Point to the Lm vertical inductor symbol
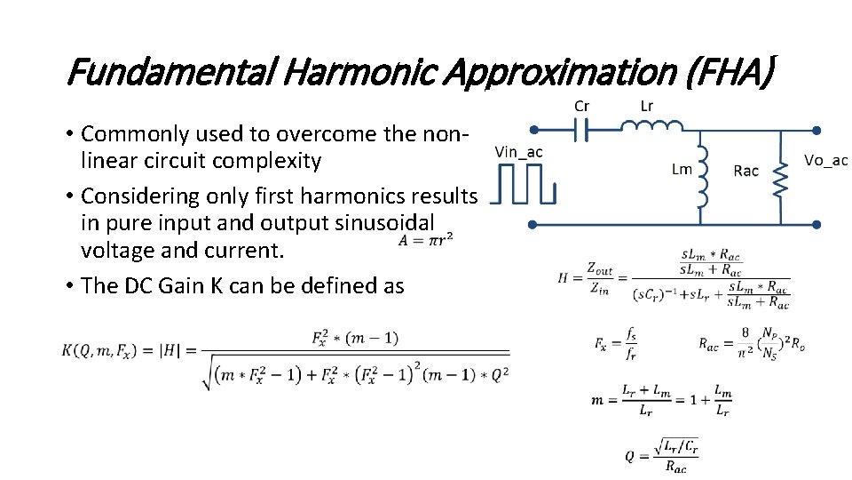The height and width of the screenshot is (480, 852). [702, 178]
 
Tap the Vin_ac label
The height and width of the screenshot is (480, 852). [518, 152]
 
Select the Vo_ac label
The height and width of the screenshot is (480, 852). [825, 160]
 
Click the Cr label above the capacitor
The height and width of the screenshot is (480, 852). [581, 106]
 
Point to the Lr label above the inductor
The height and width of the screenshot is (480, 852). [647, 106]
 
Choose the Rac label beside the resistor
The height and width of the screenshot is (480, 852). [745, 171]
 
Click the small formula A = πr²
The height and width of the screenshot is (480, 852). [422, 239]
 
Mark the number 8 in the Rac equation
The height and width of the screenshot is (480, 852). [745, 333]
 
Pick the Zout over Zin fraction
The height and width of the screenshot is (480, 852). [599, 277]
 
